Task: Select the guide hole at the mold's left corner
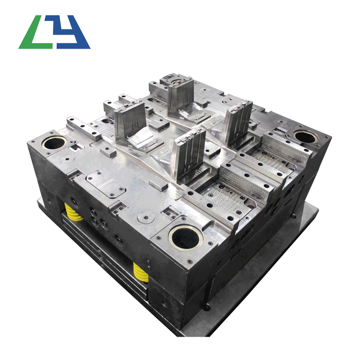[x=54, y=143]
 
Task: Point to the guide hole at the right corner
[x=306, y=137]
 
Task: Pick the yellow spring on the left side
[x=73, y=211]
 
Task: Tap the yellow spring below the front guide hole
[x=140, y=273]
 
